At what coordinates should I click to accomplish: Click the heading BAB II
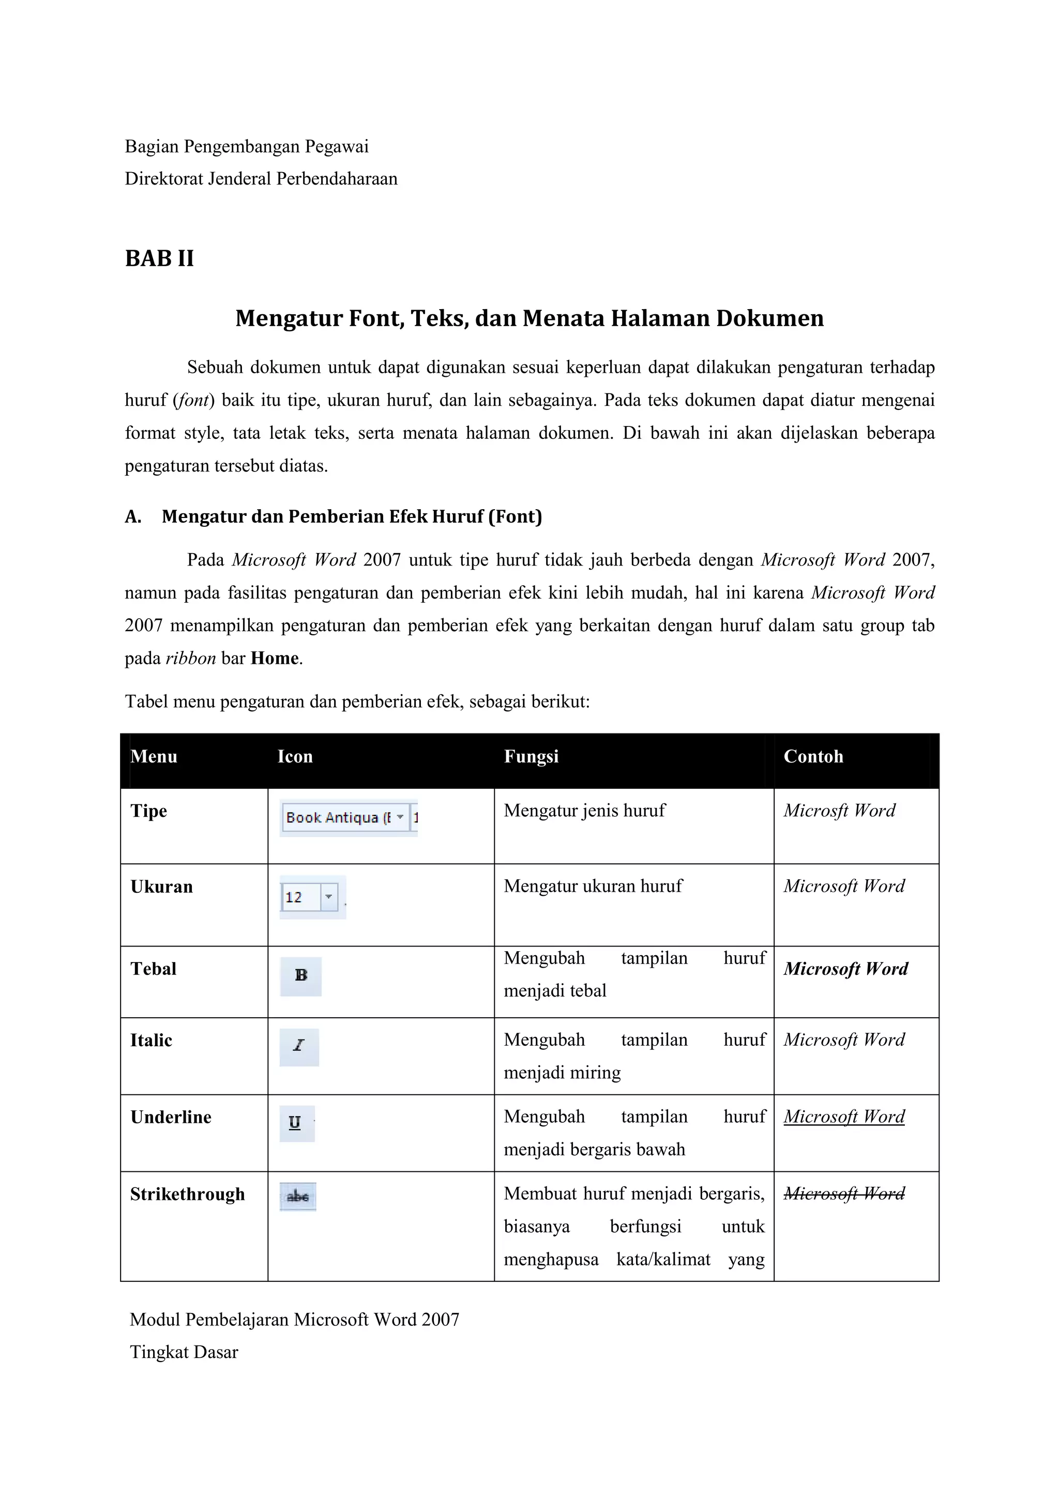[159, 259]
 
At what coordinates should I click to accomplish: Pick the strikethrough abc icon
[298, 1197]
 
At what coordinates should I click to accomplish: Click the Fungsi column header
[531, 756]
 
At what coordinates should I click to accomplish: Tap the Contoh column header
[813, 756]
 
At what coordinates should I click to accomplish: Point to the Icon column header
[295, 756]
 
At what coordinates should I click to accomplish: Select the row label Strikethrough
[187, 1195]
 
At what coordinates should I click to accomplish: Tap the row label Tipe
[149, 811]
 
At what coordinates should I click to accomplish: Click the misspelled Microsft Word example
[839, 811]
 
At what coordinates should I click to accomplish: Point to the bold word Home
[275, 659]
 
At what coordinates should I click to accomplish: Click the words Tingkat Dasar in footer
[184, 1352]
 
